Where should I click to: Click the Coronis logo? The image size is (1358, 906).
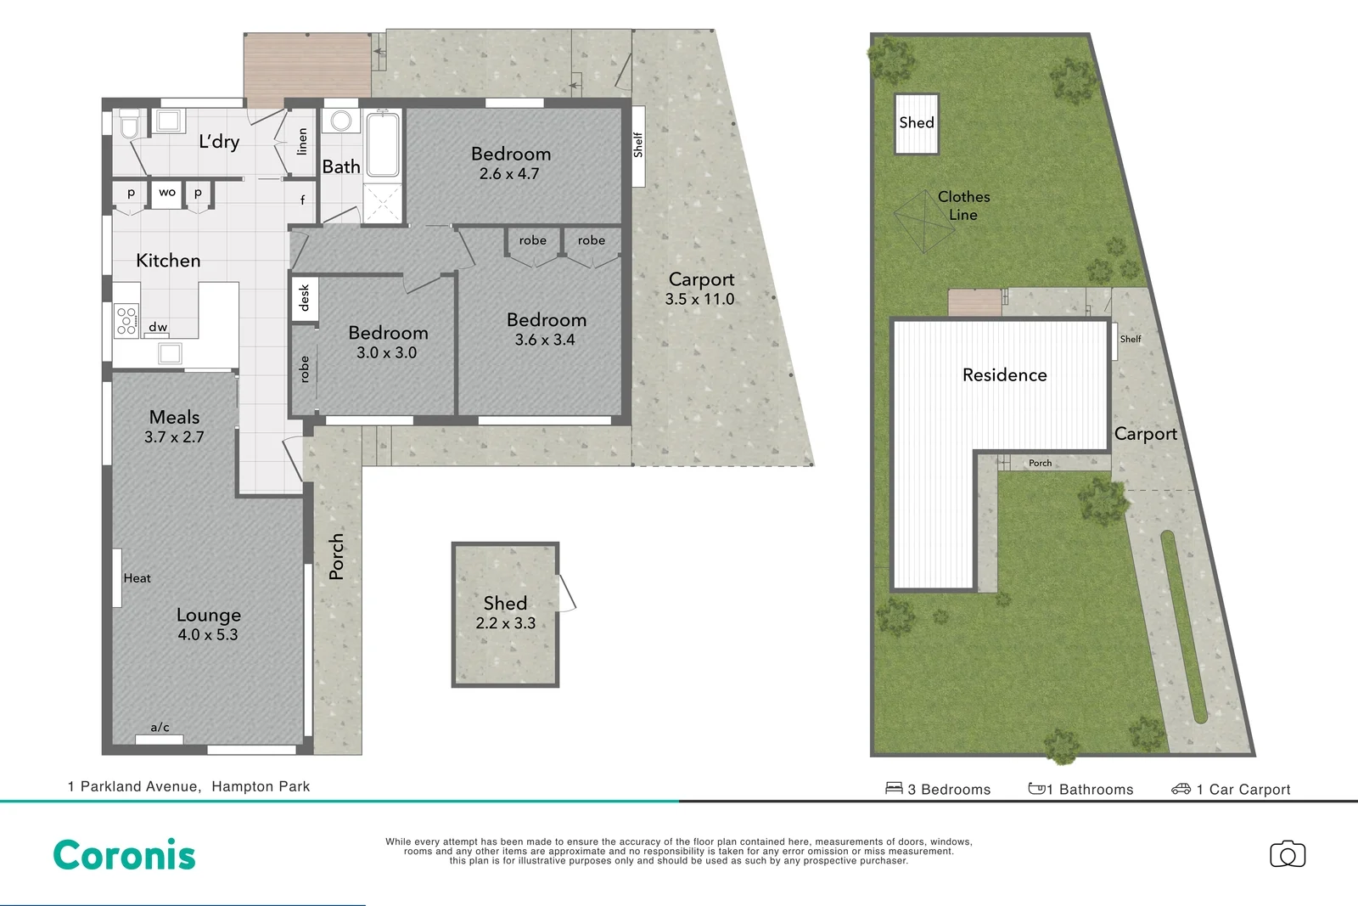pyautogui.click(x=124, y=855)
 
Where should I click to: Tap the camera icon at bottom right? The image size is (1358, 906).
pyautogui.click(x=1287, y=854)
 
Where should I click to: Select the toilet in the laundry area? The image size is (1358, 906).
pyautogui.click(x=129, y=126)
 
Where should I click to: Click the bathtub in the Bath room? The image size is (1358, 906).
pyautogui.click(x=383, y=143)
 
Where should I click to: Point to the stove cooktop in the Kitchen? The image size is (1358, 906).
pyautogui.click(x=126, y=321)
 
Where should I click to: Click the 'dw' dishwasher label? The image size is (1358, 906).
pyautogui.click(x=158, y=327)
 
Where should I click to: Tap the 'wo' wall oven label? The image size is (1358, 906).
pyautogui.click(x=167, y=193)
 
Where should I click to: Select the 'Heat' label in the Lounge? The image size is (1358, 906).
pyautogui.click(x=137, y=578)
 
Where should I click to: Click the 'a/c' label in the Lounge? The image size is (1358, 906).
pyautogui.click(x=160, y=727)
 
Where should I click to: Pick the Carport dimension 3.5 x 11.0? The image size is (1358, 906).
pyautogui.click(x=699, y=299)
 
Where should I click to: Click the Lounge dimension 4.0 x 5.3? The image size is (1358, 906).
pyautogui.click(x=208, y=634)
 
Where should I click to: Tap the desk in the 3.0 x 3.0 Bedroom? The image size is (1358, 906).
pyautogui.click(x=305, y=299)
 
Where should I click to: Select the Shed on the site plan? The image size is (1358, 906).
pyautogui.click(x=917, y=124)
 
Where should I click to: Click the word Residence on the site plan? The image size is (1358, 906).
pyautogui.click(x=1004, y=375)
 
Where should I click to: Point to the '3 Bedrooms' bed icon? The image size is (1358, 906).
pyautogui.click(x=894, y=788)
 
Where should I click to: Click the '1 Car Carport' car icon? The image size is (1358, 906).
pyautogui.click(x=1181, y=789)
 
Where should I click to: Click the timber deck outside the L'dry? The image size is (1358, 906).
pyautogui.click(x=307, y=65)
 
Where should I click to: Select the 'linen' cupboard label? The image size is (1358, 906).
pyautogui.click(x=301, y=142)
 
